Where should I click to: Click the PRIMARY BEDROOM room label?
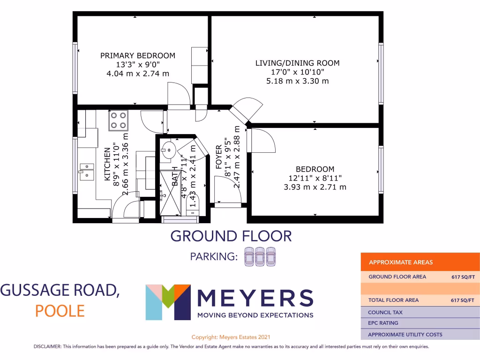(x=138, y=56)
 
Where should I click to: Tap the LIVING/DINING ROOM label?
(x=297, y=63)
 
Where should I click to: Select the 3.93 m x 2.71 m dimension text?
(x=315, y=187)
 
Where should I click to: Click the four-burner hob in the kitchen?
(x=119, y=120)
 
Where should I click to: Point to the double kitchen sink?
(x=86, y=171)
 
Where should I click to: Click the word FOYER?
(x=219, y=157)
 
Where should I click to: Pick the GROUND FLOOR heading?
(x=231, y=236)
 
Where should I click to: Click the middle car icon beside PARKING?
(x=260, y=256)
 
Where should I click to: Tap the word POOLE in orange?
(x=60, y=311)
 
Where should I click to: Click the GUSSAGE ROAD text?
(x=60, y=291)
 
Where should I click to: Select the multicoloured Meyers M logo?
(x=168, y=302)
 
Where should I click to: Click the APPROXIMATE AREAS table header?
(x=401, y=262)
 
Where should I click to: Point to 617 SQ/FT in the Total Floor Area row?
(x=462, y=300)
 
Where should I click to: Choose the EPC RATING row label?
(x=383, y=323)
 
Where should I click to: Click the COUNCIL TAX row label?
(x=385, y=312)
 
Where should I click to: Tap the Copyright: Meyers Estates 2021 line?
(x=231, y=337)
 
